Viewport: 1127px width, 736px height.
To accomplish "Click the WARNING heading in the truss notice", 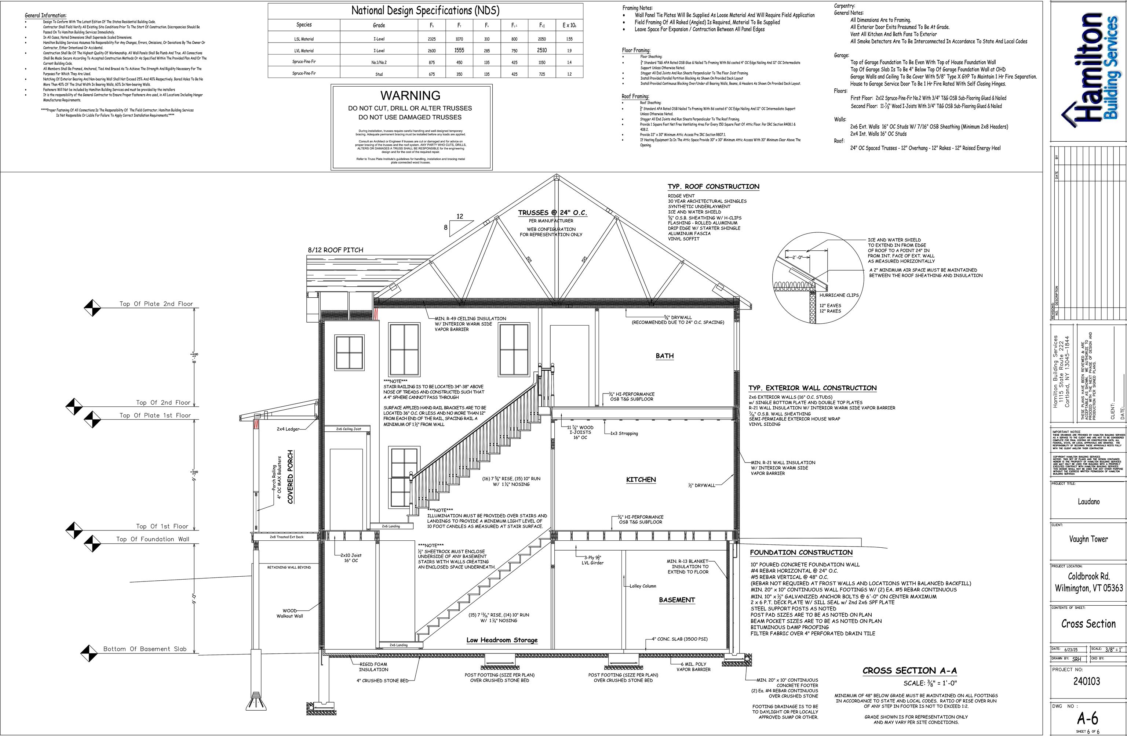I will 410,95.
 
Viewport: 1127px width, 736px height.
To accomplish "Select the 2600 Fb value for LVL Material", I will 432,51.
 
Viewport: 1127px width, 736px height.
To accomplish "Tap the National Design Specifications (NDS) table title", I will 425,10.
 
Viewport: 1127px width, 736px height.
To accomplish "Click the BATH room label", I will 664,356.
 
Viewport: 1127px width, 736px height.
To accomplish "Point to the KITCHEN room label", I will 641,480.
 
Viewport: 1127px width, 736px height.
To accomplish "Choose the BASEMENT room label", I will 676,600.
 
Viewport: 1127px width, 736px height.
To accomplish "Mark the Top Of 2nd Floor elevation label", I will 163,403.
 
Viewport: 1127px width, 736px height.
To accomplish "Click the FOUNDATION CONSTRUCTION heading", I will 801,552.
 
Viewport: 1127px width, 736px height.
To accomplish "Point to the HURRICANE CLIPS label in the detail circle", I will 839,295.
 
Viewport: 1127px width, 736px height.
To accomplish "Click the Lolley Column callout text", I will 643,586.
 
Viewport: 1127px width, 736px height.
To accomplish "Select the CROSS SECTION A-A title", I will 909,671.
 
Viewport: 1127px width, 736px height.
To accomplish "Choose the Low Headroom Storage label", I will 502,640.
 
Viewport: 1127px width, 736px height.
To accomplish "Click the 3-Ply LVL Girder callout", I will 592,560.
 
